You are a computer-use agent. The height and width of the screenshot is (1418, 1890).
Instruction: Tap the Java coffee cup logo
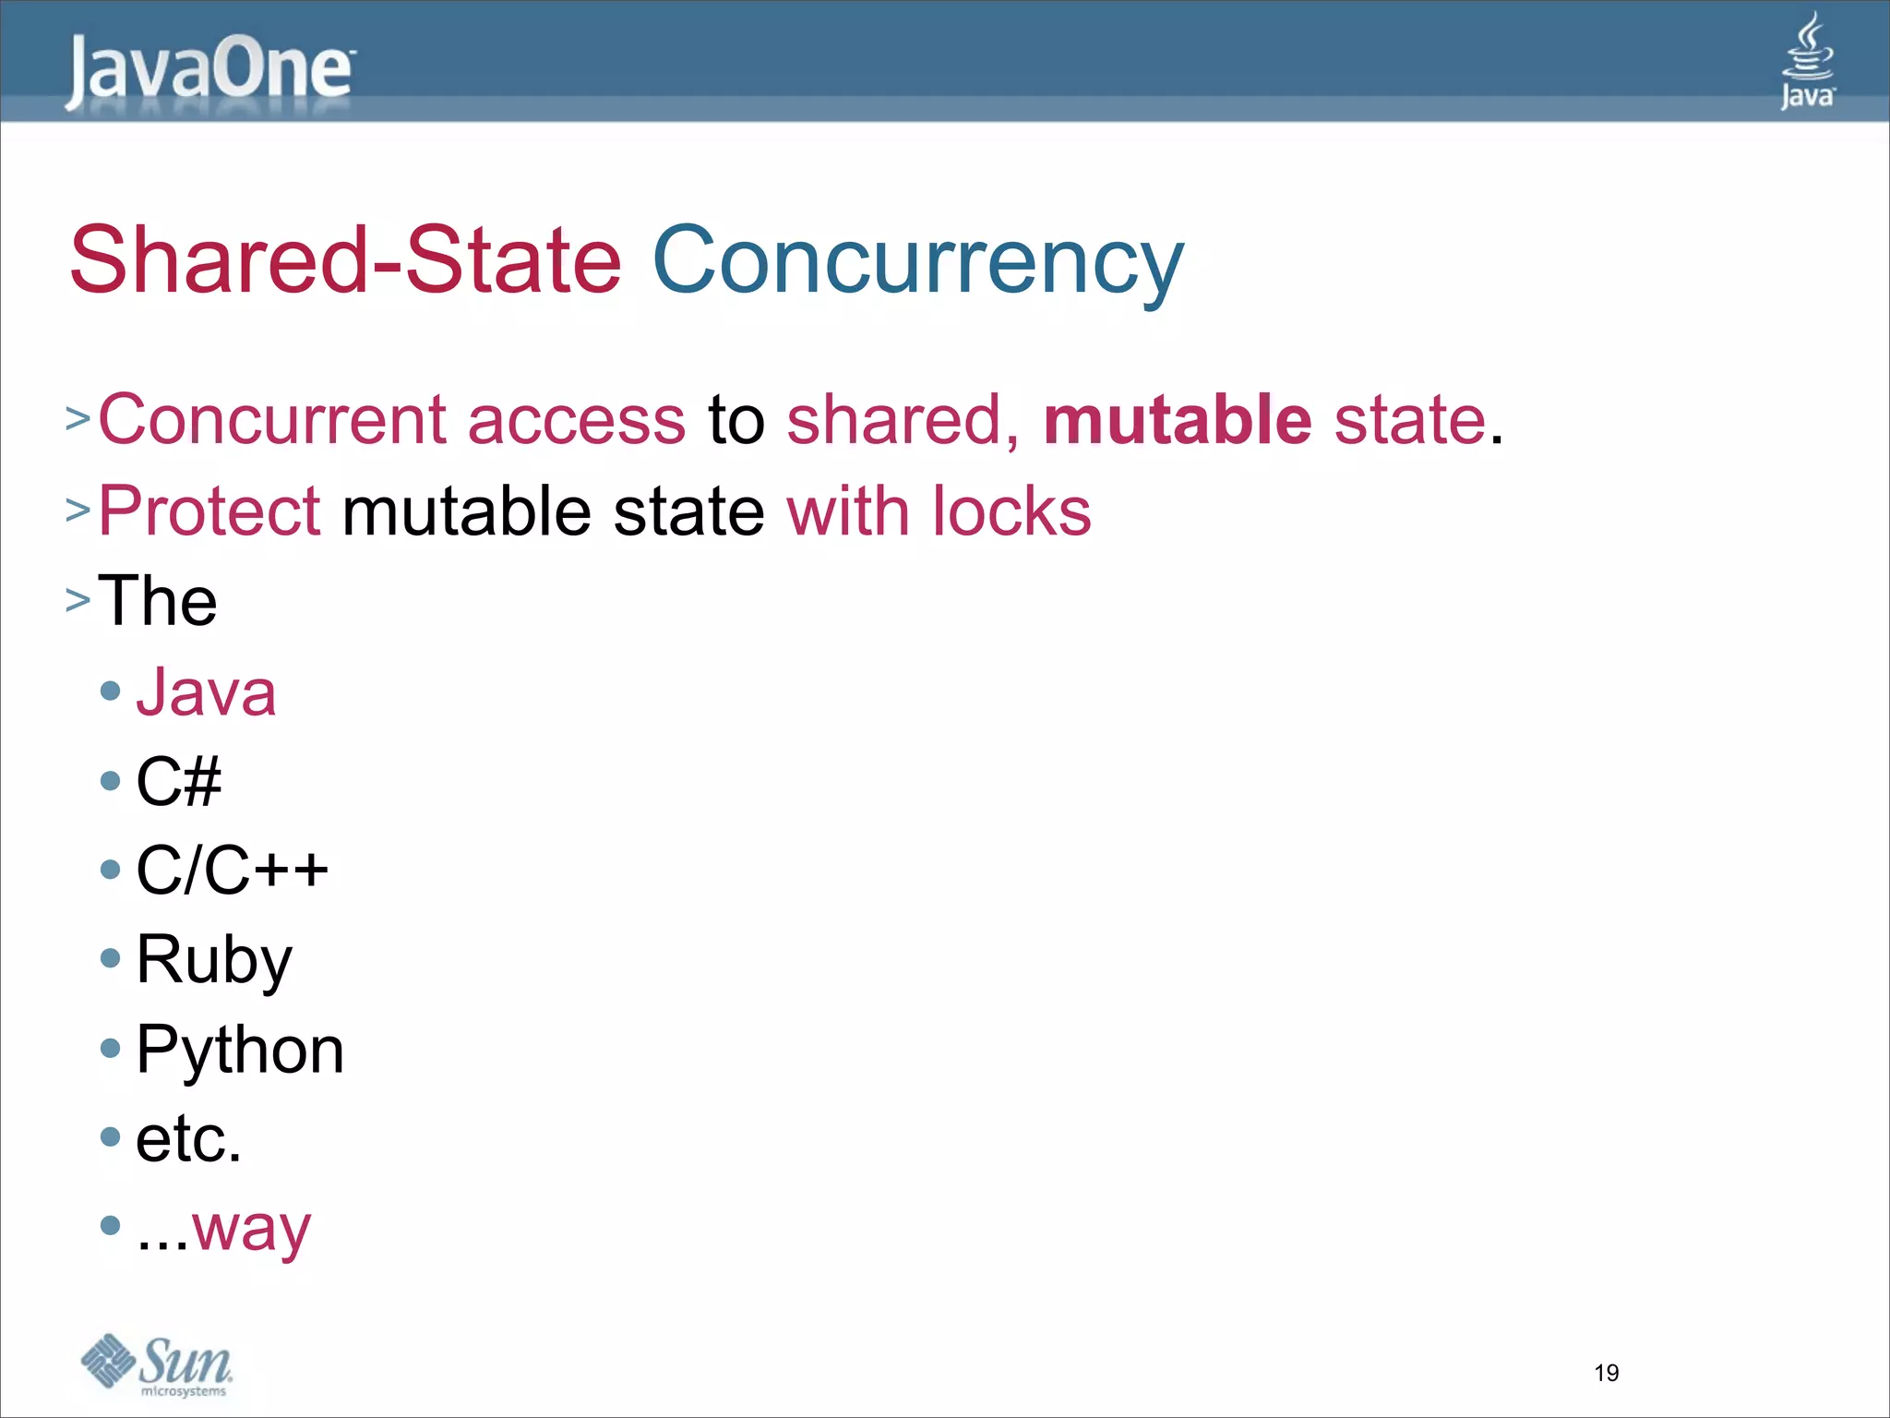coord(1807,61)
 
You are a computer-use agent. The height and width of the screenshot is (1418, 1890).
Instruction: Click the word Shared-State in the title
coord(346,260)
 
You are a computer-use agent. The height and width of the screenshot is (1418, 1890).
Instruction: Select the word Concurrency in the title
coord(917,262)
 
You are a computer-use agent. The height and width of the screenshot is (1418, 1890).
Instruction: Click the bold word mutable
coord(1178,420)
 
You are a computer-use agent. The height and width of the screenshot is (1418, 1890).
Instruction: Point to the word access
coord(577,420)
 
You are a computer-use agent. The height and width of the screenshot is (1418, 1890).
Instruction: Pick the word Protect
coord(209,511)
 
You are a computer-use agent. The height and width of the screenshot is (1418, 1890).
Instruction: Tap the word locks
coord(1011,511)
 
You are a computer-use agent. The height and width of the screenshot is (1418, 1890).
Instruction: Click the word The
coord(158,601)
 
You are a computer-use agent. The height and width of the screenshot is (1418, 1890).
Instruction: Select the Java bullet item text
coord(206,691)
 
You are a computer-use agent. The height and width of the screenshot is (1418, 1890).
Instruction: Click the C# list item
coord(178,781)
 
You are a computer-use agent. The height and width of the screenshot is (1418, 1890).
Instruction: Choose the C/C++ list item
coord(232,870)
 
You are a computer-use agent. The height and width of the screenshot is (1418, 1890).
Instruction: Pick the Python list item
coord(240,1050)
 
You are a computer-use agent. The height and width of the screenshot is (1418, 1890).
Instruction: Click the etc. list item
coord(188,1138)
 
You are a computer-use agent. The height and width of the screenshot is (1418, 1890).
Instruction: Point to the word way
coord(252,1229)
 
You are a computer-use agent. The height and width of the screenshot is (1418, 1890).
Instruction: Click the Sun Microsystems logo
coord(157,1365)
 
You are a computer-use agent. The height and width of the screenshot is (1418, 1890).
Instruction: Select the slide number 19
coord(1606,1373)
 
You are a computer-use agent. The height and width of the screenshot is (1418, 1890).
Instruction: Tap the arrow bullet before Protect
coord(78,510)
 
